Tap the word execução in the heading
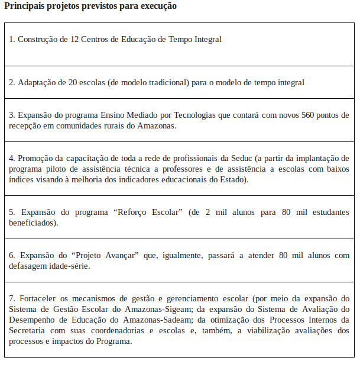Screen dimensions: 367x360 (x=155, y=6)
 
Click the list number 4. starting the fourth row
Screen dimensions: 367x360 (x=12, y=158)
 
